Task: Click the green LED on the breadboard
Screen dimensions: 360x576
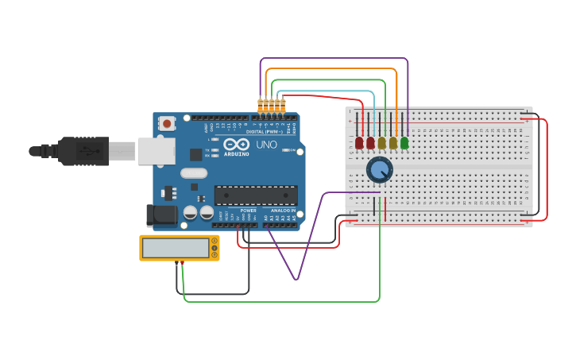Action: click(404, 143)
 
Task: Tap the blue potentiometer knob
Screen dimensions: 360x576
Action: click(380, 169)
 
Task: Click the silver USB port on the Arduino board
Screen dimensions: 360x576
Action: click(156, 151)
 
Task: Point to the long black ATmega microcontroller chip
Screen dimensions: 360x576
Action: click(256, 195)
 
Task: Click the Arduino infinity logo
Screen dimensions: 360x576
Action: click(236, 145)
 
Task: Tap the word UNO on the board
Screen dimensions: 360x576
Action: click(267, 145)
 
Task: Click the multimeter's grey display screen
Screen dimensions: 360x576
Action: click(176, 248)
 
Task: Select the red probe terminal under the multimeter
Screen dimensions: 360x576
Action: click(183, 262)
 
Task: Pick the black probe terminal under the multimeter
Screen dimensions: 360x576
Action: click(176, 262)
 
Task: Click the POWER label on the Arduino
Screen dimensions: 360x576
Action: click(248, 211)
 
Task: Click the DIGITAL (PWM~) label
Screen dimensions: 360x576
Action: click(266, 131)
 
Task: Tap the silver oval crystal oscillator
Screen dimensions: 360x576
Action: click(193, 172)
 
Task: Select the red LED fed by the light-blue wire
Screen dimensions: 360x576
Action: click(370, 143)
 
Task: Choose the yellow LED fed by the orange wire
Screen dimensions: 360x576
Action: click(393, 143)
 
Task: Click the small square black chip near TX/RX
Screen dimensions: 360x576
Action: click(195, 154)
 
